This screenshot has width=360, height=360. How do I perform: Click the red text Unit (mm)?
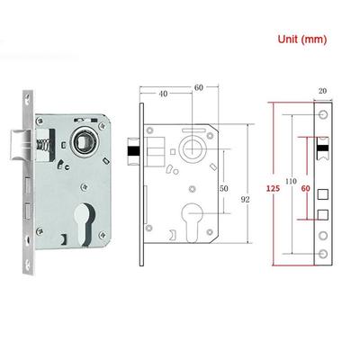coord(302,40)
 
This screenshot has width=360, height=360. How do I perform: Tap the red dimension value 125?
coord(273,188)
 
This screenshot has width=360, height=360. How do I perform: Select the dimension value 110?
coord(291,181)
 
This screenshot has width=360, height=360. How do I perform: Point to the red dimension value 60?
coord(306,188)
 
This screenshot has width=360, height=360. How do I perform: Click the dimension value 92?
coord(245,200)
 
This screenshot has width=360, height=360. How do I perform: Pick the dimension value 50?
coord(223,188)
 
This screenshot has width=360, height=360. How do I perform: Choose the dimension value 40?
coord(163,94)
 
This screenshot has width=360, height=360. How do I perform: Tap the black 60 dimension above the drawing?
coord(199,87)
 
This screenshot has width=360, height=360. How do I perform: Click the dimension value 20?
coord(322,91)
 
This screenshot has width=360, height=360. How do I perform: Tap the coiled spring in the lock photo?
coord(42,146)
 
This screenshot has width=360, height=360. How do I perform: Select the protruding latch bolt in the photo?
coord(20,146)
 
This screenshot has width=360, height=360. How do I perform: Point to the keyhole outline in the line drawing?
coord(192,222)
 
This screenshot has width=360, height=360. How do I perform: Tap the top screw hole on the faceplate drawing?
coord(323,114)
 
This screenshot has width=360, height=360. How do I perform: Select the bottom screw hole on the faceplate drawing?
coord(323,254)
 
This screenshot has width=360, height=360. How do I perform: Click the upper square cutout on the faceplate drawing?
coord(323,194)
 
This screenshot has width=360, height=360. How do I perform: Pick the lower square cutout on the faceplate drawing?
coord(323,214)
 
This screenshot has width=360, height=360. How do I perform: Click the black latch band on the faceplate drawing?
coord(323,148)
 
